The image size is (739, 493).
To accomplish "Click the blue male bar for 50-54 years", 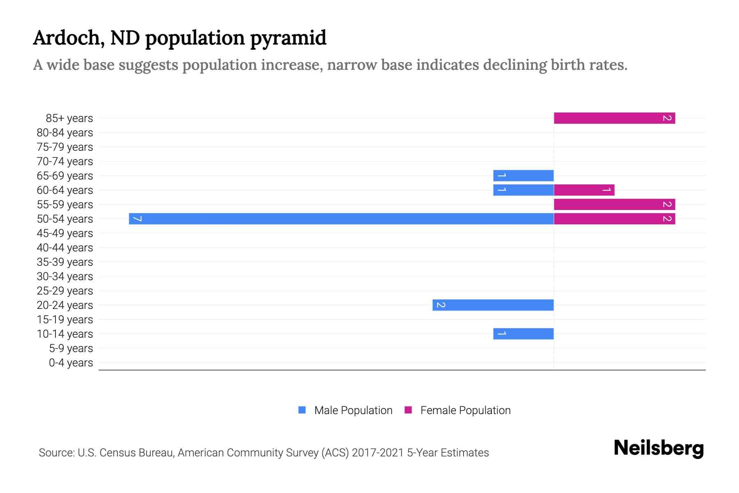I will [x=341, y=219].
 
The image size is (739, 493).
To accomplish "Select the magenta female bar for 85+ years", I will [x=614, y=118].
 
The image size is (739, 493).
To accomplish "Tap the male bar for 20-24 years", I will [x=493, y=305].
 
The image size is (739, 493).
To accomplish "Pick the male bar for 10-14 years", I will [x=523, y=334].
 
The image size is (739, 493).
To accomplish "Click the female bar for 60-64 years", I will [x=584, y=190].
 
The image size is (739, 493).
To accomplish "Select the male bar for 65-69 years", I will [x=523, y=175].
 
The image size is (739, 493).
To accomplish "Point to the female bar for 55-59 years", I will [x=614, y=204].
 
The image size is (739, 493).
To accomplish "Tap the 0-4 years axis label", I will [x=71, y=363].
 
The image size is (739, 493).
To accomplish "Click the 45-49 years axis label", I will [x=65, y=233].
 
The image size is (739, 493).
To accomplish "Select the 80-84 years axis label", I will [x=65, y=133].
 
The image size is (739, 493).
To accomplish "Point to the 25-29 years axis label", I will [x=65, y=291].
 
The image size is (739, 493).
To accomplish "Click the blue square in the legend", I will [x=302, y=410].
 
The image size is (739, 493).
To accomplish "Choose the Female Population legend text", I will [x=465, y=410].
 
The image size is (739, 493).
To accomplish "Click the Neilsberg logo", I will [x=659, y=448].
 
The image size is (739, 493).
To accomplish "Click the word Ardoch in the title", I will [x=66, y=38].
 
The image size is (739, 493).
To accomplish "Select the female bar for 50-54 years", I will [x=614, y=219].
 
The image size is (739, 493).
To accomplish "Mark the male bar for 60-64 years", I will [x=523, y=190].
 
